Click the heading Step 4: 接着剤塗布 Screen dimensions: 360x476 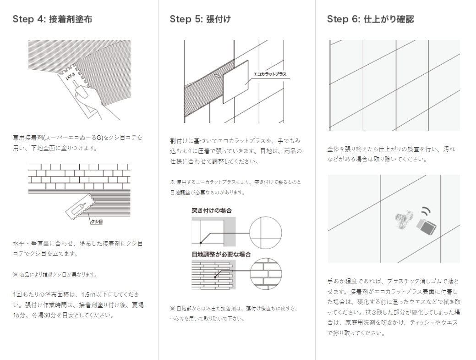[x=55, y=19]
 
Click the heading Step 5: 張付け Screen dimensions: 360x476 [x=200, y=19]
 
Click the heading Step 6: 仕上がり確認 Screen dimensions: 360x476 [x=371, y=19]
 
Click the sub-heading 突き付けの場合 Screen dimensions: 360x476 [x=212, y=210]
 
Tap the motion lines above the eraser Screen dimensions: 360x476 [x=426, y=211]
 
